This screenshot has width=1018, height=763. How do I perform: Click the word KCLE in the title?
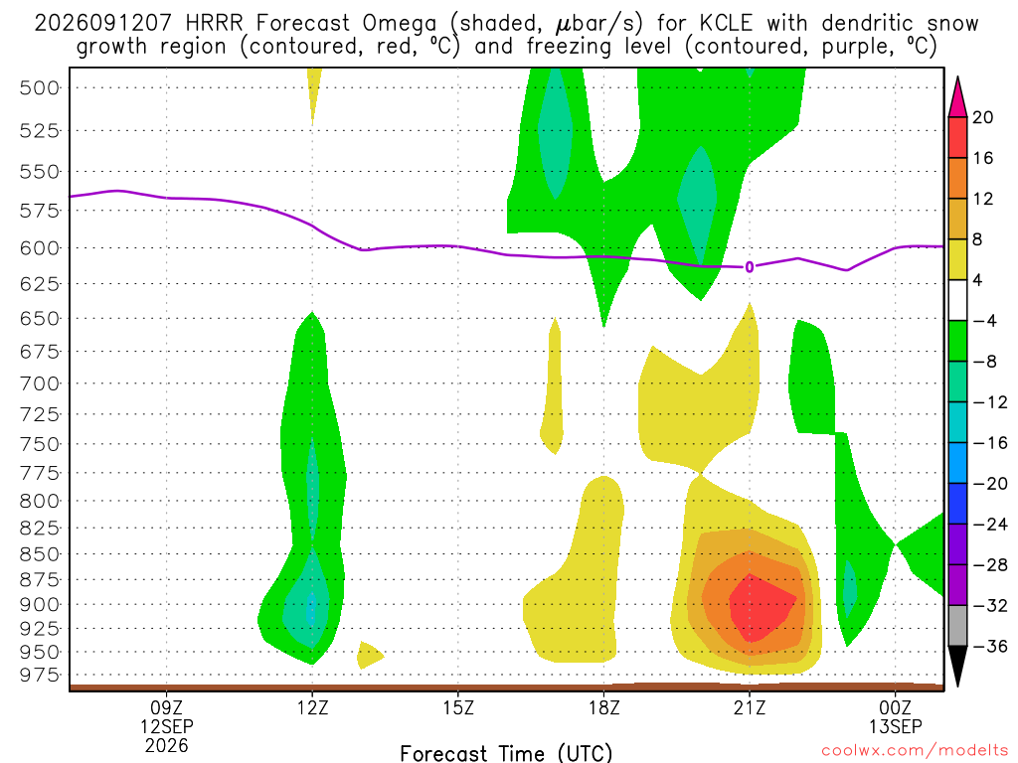pos(726,24)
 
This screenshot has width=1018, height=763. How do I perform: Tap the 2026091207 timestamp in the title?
pos(102,24)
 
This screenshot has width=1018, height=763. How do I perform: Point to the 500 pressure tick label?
pos(40,87)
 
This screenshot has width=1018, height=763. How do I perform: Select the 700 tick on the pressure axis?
pos(40,383)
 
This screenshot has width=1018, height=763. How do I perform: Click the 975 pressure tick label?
pos(40,676)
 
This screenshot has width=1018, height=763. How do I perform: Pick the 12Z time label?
pos(312,707)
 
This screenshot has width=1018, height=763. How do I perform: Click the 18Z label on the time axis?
pos(603,707)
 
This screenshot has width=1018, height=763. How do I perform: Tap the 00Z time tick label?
pos(896,707)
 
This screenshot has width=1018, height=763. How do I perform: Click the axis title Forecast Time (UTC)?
pos(506,753)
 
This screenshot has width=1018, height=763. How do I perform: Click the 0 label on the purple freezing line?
pos(750,267)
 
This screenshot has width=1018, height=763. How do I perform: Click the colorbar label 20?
pos(982,117)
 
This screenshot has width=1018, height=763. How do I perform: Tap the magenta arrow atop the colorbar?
pos(957,97)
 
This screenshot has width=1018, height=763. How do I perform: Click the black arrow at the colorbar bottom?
pos(957,666)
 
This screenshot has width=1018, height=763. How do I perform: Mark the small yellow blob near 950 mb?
pos(369,655)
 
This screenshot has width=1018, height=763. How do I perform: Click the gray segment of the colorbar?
pos(957,626)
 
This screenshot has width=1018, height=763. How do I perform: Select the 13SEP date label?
pos(896,726)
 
